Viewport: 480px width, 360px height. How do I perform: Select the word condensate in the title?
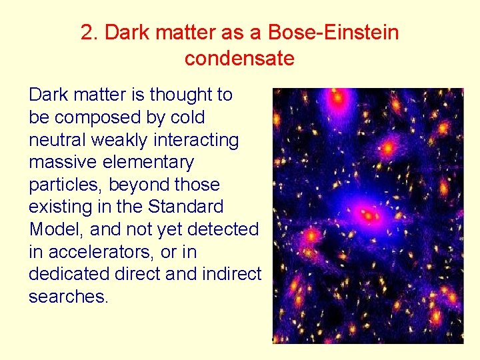239,59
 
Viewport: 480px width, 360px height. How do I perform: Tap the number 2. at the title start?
90,32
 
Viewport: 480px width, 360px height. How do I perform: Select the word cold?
188,117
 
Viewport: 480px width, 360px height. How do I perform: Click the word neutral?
56,140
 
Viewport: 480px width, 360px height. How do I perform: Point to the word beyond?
136,185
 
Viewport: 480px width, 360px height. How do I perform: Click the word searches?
67,297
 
